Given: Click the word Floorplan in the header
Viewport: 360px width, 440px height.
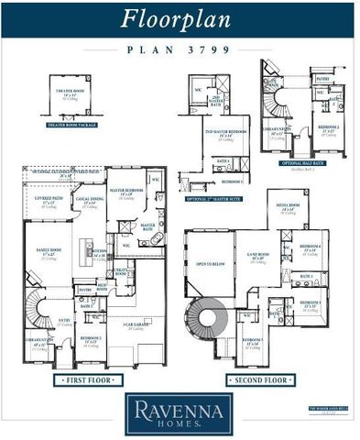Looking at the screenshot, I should click(180, 18).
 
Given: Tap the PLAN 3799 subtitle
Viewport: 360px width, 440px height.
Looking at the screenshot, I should click(180, 50).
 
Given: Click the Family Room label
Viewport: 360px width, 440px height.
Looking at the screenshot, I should click(49, 252).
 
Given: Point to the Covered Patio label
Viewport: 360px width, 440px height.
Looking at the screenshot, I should click(49, 199).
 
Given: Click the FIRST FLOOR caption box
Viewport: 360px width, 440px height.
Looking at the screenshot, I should click(88, 379).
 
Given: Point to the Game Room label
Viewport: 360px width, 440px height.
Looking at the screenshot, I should click(260, 258).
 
